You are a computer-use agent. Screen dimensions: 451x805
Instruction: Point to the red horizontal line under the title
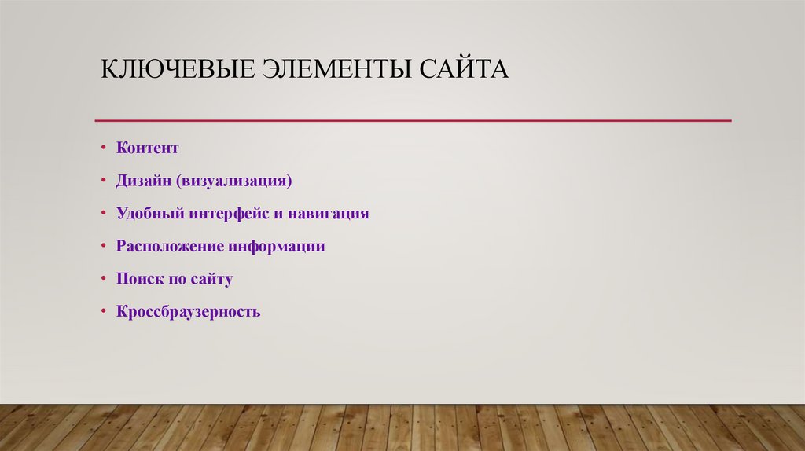coord(413,120)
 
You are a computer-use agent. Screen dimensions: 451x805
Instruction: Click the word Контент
coord(148,148)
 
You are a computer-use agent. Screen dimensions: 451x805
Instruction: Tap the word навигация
coord(328,214)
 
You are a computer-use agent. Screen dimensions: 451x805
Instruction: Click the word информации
coord(277,246)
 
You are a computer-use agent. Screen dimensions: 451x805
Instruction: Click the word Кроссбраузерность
coord(189,312)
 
